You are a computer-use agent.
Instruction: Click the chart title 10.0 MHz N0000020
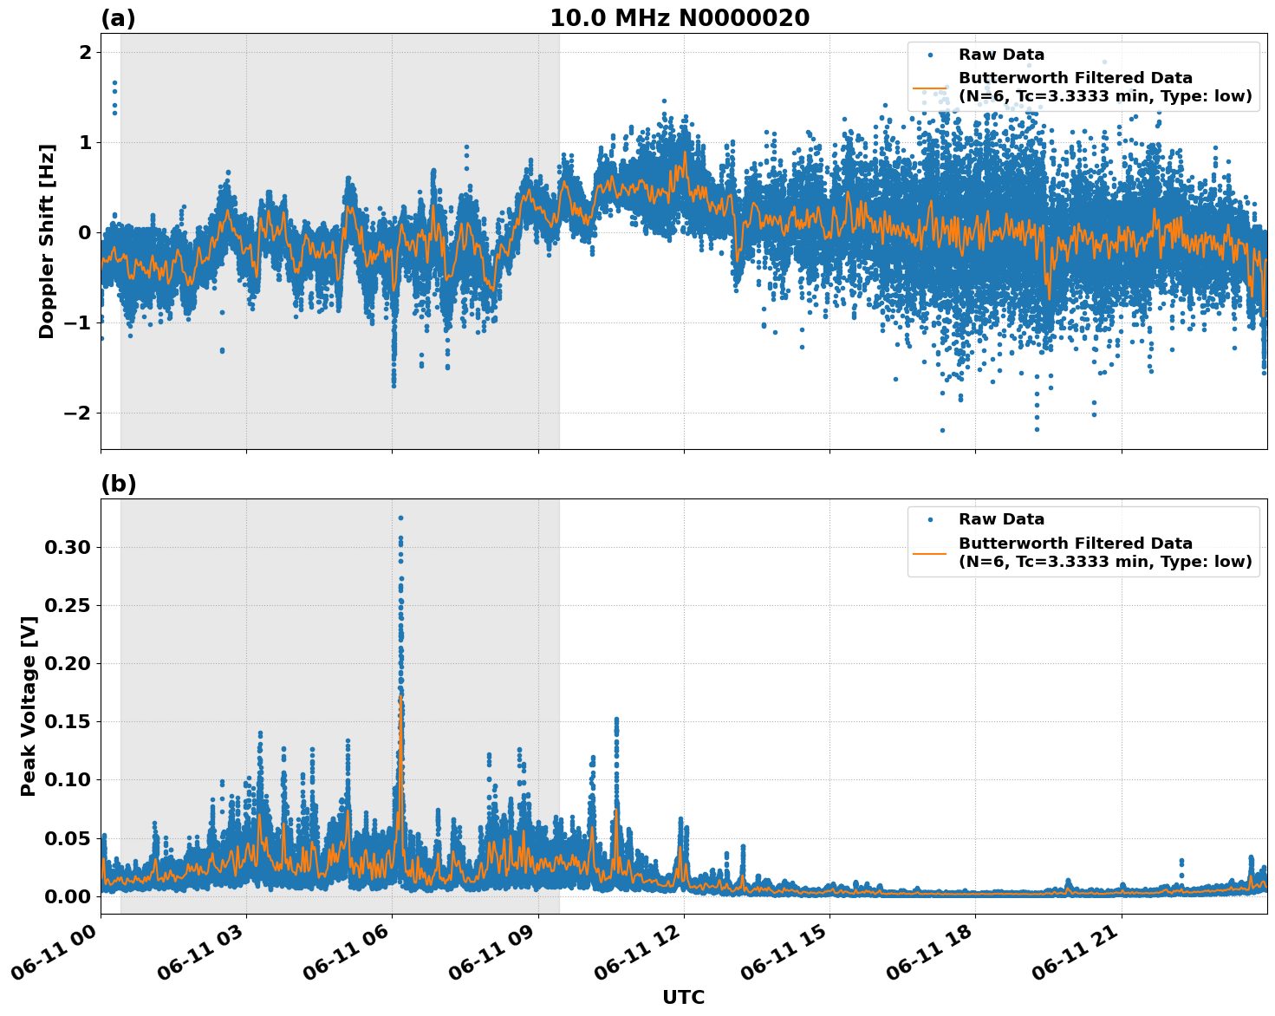(x=679, y=18)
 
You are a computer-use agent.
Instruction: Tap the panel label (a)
(x=118, y=18)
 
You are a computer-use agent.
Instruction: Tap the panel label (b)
(x=118, y=484)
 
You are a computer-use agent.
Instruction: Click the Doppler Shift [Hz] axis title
(x=47, y=241)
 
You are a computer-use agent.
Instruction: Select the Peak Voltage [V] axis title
(x=29, y=706)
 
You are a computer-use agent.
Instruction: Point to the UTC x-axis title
(x=683, y=997)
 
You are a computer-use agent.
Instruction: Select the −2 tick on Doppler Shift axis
(x=77, y=413)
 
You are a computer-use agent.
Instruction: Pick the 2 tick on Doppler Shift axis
(x=85, y=52)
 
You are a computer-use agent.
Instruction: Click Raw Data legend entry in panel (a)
(x=1001, y=55)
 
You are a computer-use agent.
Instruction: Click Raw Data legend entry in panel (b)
(x=1001, y=519)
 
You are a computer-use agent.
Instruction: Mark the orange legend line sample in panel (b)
(x=930, y=552)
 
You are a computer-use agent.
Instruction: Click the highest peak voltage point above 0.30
(x=400, y=518)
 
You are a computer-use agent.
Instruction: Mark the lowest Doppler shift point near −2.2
(x=942, y=430)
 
